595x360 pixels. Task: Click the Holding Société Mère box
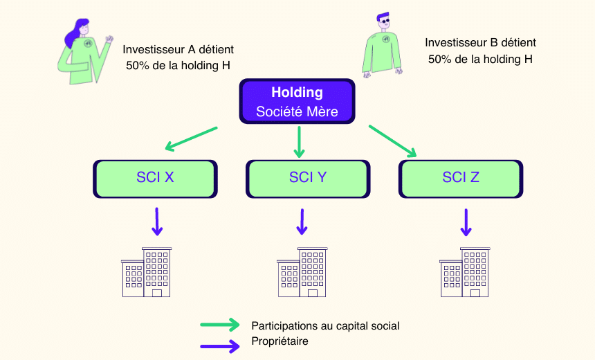297,101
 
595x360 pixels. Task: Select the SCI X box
155,178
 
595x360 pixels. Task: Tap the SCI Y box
307,178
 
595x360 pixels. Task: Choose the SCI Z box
460,178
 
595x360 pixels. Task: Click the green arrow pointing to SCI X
191,138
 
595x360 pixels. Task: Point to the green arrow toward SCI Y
299,141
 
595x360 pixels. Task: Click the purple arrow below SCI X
157,221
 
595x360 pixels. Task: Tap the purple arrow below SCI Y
302,221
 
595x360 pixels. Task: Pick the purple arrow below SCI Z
466,221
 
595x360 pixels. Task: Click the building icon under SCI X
147,271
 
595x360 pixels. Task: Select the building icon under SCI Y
302,271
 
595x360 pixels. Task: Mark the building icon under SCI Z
464,271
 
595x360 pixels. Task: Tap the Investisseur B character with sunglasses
381,45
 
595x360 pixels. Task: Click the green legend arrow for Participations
221,325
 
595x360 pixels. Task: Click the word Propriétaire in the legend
280,341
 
